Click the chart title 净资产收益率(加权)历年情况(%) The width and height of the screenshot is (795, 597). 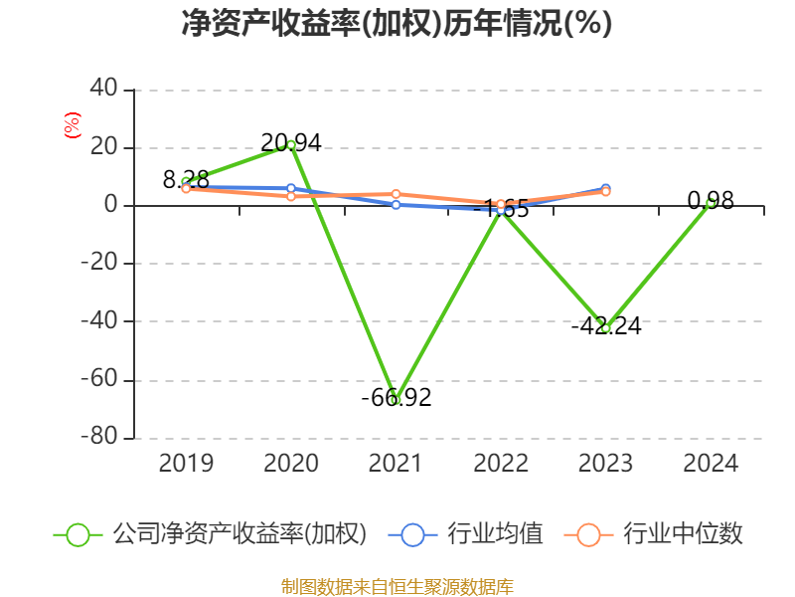pyautogui.click(x=397, y=24)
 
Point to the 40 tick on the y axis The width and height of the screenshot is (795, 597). pyautogui.click(x=104, y=90)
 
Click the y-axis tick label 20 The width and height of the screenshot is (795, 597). pyautogui.click(x=104, y=147)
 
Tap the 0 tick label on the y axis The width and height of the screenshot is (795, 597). pyautogui.click(x=110, y=206)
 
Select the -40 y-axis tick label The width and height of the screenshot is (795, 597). pyautogui.click(x=98, y=321)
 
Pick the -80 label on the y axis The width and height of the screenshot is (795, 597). pyautogui.click(x=98, y=438)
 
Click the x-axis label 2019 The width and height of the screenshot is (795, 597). pyautogui.click(x=186, y=464)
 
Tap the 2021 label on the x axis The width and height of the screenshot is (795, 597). pyautogui.click(x=396, y=464)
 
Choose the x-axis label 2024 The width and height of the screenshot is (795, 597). pyautogui.click(x=711, y=464)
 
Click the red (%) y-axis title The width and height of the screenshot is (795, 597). pyautogui.click(x=72, y=125)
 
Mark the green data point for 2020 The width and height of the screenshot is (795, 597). pyautogui.click(x=291, y=144)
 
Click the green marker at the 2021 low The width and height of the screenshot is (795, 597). pyautogui.click(x=396, y=399)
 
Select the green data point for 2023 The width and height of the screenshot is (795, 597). pyautogui.click(x=605, y=327)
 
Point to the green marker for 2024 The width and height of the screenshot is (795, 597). pyautogui.click(x=711, y=203)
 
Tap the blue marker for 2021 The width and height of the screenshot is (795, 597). pyautogui.click(x=396, y=205)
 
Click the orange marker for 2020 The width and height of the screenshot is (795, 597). pyautogui.click(x=291, y=197)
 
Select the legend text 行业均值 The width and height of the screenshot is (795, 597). pyautogui.click(x=495, y=534)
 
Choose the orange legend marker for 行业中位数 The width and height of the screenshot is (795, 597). pyautogui.click(x=588, y=534)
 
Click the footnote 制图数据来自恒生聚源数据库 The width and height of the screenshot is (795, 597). pyautogui.click(x=397, y=586)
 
